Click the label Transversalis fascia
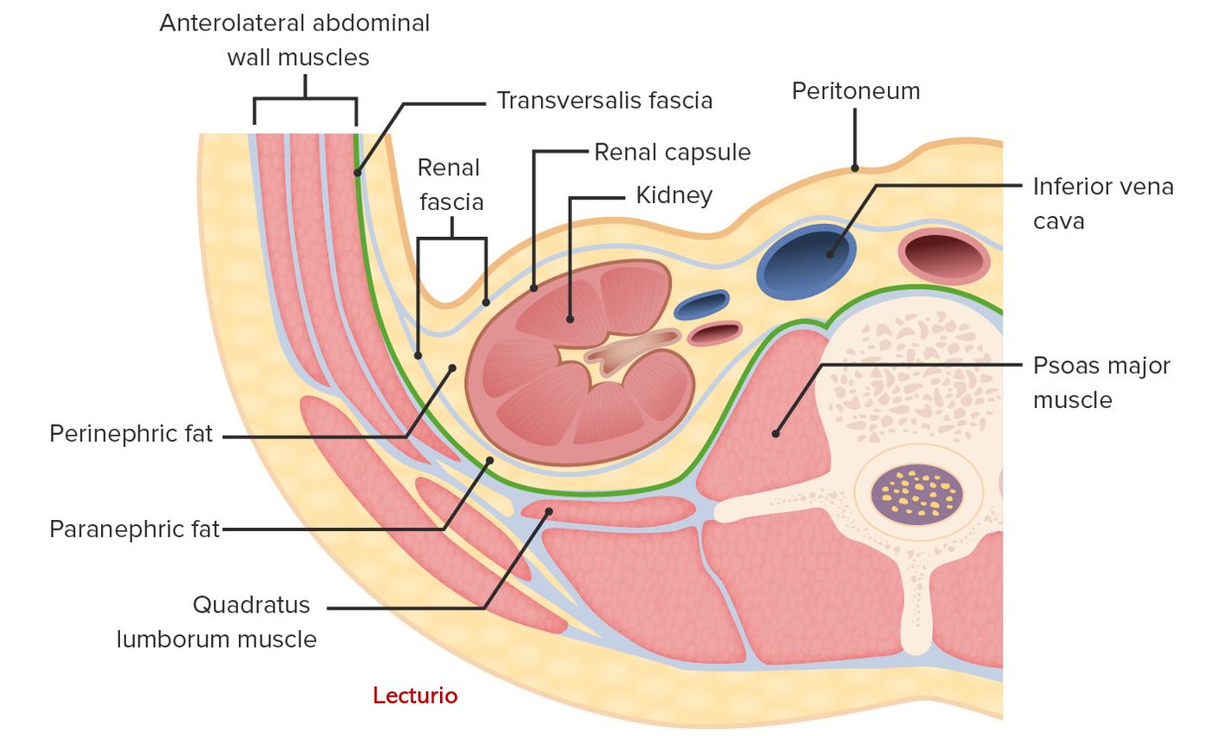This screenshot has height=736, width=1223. pos(605,100)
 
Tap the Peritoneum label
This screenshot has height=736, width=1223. pos(855,91)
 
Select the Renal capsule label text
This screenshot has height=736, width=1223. pos(672,153)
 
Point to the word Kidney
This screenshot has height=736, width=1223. pos(674,195)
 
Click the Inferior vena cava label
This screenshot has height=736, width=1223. pos(1102,202)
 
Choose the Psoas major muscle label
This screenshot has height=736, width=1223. pos(1100,382)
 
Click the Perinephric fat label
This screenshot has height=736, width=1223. pos(131,435)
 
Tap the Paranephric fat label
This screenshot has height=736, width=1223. pos(134,530)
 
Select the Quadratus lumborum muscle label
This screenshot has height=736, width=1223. pos(216,621)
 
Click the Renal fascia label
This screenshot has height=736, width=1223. pos(451,184)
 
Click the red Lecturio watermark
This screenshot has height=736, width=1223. pos(415,696)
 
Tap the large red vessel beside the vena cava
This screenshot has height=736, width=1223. pos(945,258)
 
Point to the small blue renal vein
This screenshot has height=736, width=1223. pos(702,304)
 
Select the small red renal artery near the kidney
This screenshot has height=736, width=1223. pos(714,333)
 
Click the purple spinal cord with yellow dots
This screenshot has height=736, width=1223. pos(916,491)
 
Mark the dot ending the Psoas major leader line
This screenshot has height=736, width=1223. pos(776,433)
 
